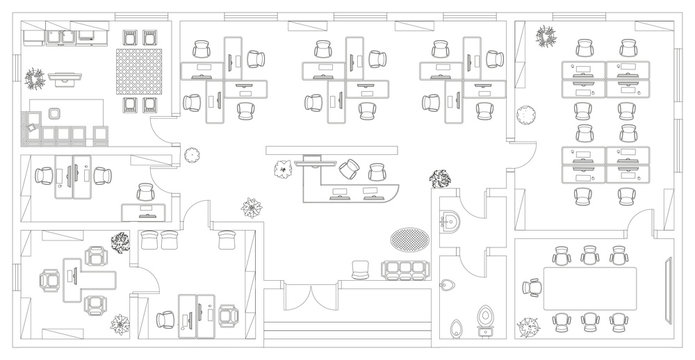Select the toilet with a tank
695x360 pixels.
tap(488, 315)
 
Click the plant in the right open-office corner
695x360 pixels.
tap(546, 39)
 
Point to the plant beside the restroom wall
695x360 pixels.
tap(438, 181)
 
